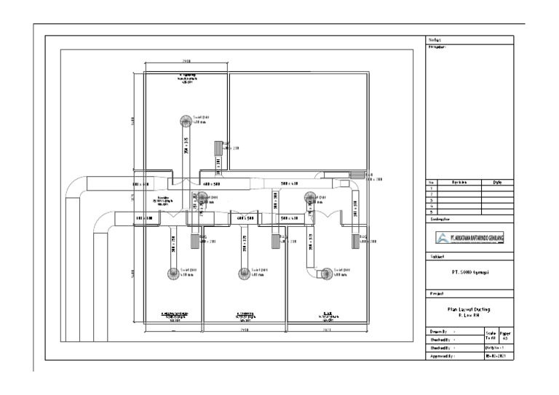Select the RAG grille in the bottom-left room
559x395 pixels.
point(194,241)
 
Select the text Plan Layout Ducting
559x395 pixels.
point(469,308)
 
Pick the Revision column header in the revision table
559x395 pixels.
point(459,183)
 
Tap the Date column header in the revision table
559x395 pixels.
point(497,183)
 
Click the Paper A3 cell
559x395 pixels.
point(506,335)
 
